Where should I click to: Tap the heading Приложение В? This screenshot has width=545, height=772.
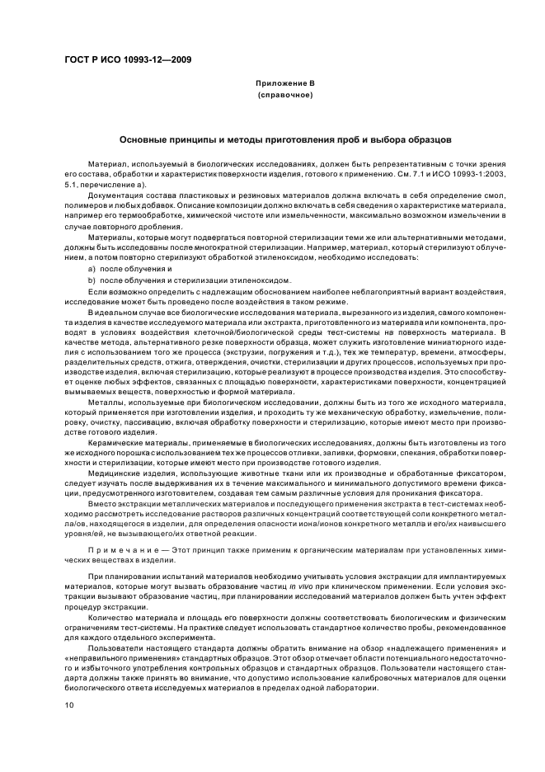click(285, 83)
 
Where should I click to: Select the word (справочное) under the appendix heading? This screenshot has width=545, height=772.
click(285, 95)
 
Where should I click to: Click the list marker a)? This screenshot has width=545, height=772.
click(93, 269)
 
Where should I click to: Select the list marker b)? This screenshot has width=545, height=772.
click(93, 280)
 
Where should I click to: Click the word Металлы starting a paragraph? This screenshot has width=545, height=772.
click(105, 397)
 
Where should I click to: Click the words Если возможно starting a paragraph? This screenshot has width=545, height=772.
click(115, 291)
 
